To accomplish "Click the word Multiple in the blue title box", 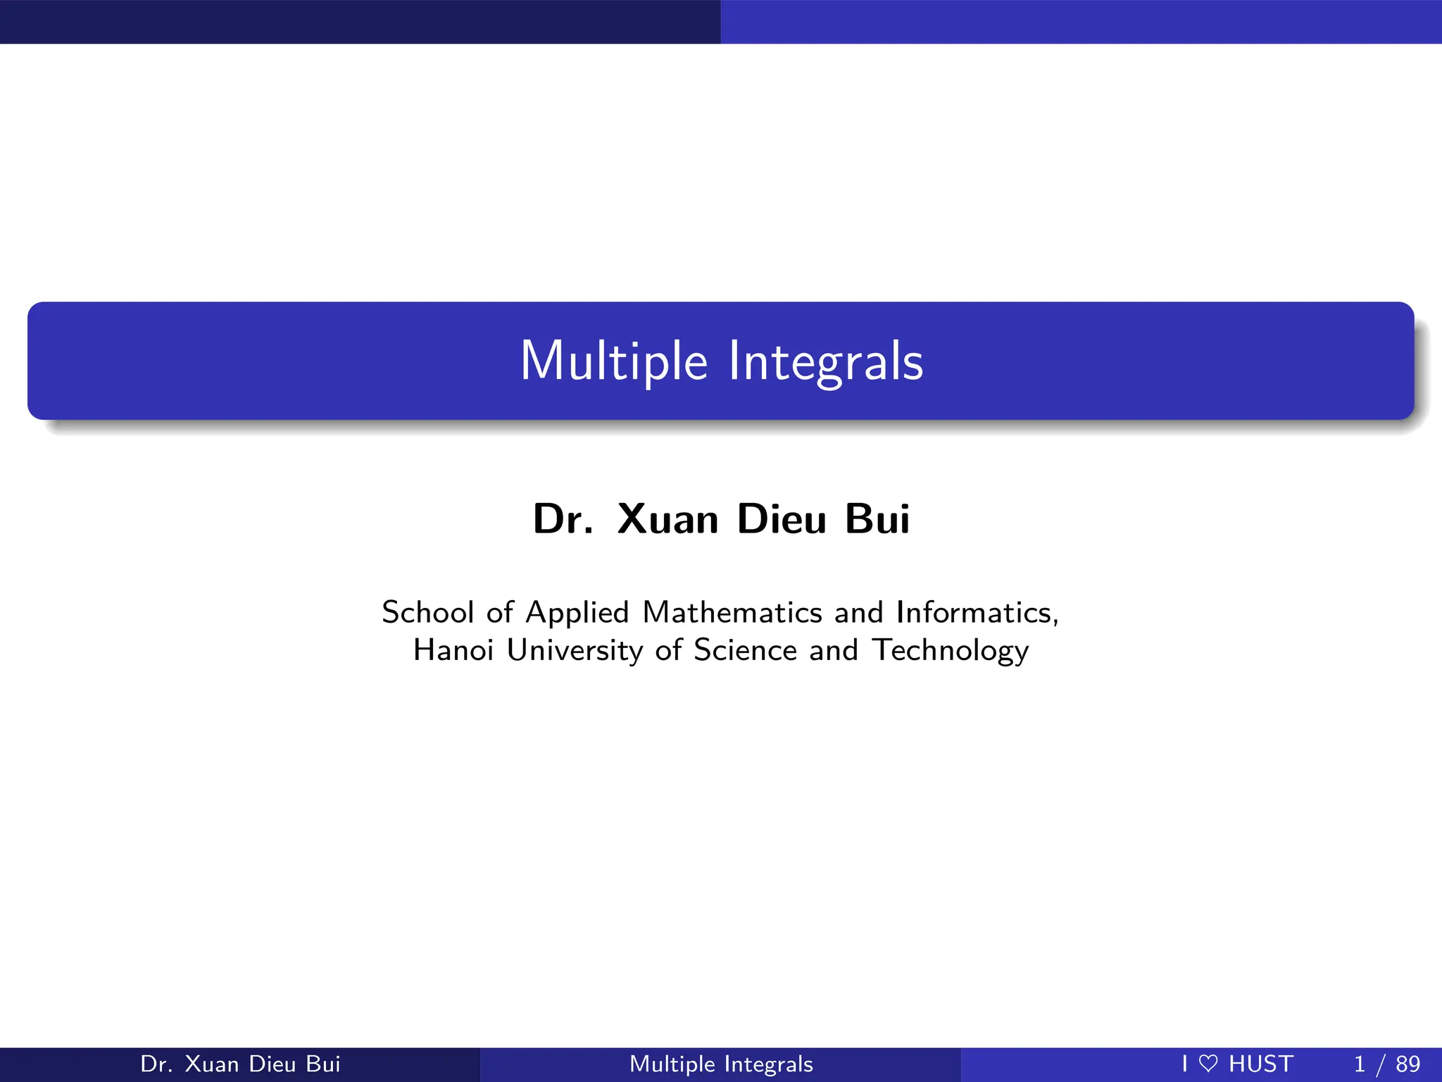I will tap(613, 361).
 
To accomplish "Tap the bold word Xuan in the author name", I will tap(667, 519).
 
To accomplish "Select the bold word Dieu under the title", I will tap(782, 519).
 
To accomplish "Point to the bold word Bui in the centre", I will tap(877, 519).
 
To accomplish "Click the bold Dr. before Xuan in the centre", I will tap(563, 519).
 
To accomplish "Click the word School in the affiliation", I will tap(427, 612).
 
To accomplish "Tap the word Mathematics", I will tap(732, 612).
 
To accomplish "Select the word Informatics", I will tap(977, 612).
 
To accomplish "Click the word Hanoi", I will tap(453, 649).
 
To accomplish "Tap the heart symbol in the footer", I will tap(1208, 1064).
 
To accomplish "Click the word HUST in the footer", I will tap(1261, 1064).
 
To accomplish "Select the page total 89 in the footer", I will tap(1408, 1064).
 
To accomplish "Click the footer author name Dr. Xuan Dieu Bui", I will tap(240, 1064).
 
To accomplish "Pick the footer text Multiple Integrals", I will tap(721, 1064).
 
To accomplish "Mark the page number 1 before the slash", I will tap(1360, 1064).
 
